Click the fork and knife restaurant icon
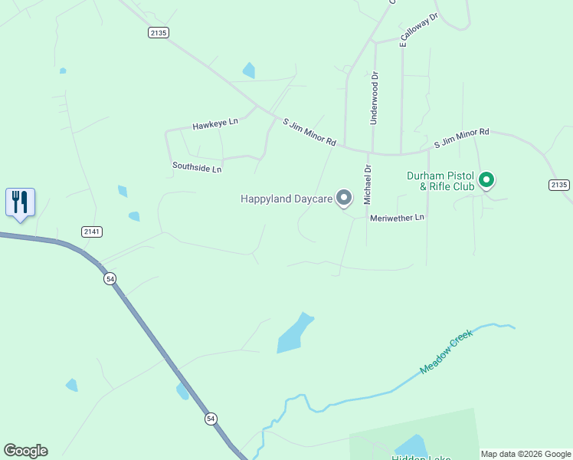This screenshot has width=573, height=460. click(x=20, y=202)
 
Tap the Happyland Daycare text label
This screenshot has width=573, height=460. click(x=286, y=199)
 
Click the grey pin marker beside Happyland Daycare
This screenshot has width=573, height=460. click(x=345, y=199)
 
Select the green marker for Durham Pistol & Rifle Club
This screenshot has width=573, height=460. click(x=486, y=181)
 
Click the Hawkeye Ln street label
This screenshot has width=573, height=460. click(x=215, y=123)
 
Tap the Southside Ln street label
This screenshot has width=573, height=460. click(x=197, y=166)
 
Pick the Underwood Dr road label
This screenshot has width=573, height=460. click(x=375, y=98)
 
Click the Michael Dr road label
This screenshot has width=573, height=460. click(x=368, y=185)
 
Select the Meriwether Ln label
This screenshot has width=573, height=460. click(x=397, y=218)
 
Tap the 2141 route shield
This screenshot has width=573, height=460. click(x=91, y=231)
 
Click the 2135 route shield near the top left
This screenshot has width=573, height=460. click(x=159, y=32)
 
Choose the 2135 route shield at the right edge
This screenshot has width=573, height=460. click(x=559, y=185)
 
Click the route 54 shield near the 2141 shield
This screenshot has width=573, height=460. click(x=110, y=279)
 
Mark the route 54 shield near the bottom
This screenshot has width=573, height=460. click(x=211, y=419)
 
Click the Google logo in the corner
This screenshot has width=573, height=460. click(x=25, y=451)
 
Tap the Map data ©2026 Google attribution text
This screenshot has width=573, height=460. click(x=526, y=454)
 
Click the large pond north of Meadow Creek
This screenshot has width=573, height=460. click(x=294, y=333)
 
